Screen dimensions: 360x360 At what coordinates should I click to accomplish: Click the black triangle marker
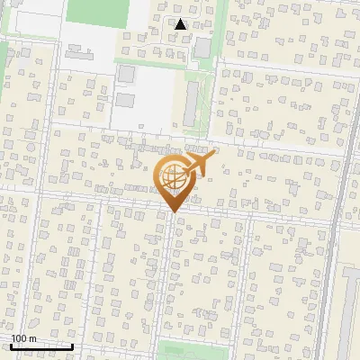click(181, 24)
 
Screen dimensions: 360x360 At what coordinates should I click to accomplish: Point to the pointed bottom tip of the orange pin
click(172, 211)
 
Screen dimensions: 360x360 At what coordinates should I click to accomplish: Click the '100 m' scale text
click(23, 338)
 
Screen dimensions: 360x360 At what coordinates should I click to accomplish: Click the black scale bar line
click(41, 346)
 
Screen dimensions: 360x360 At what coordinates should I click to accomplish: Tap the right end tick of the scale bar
click(72, 346)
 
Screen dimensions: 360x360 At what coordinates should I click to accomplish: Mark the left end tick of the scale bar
click(11, 346)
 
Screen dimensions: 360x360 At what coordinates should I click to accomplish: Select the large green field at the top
click(98, 11)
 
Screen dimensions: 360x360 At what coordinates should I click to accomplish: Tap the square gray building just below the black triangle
click(203, 47)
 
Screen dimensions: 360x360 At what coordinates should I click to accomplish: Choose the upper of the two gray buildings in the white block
click(126, 73)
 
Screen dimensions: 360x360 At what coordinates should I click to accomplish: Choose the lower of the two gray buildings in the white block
click(126, 99)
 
